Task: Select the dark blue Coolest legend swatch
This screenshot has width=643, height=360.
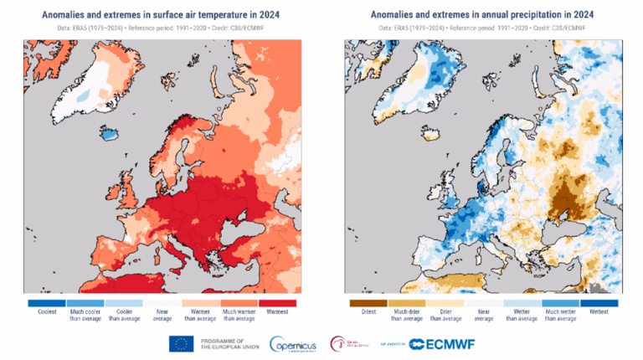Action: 46,302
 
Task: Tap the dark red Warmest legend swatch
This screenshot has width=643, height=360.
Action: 279,302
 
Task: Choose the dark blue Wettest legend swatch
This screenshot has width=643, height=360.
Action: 599,302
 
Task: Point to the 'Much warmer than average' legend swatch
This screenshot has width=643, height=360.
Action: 240,302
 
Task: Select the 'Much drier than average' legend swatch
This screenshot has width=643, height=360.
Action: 406,302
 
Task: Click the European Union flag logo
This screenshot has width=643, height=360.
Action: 182,343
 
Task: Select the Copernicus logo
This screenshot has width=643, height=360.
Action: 293,343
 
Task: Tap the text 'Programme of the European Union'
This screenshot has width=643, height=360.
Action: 225,343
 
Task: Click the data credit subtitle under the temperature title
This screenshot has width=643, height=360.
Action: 162,27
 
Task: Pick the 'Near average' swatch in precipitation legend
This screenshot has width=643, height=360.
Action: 484,302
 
